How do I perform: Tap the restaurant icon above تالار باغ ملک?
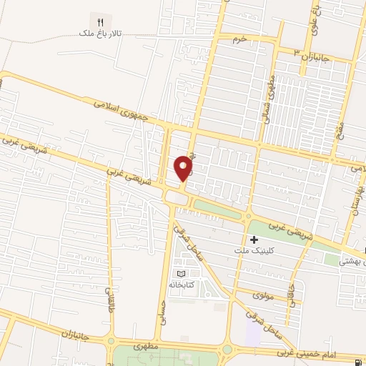[x=101, y=22]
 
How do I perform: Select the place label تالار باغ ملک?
[x=101, y=34]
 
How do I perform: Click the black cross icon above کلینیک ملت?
[x=254, y=239]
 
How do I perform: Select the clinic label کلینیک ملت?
[x=254, y=251]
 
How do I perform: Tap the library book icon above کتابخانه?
[x=181, y=273]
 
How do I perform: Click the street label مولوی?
[x=264, y=295]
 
